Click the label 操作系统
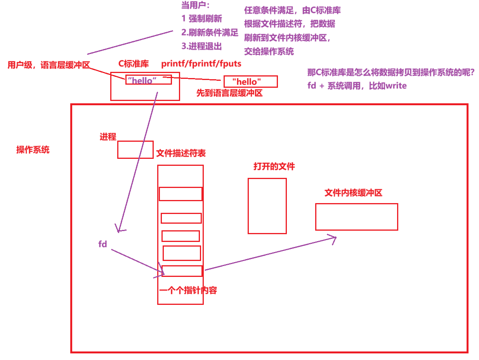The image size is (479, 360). (x=33, y=150)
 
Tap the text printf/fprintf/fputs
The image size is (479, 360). (x=201, y=64)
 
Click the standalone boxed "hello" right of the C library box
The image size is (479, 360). (x=250, y=82)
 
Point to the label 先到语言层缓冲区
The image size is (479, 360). (x=229, y=93)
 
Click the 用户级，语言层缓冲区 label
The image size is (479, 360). (x=49, y=65)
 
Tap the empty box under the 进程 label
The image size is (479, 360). (x=135, y=150)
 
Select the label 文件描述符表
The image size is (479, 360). (x=181, y=153)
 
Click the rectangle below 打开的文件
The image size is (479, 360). (x=267, y=206)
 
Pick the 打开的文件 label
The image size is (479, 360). (x=274, y=167)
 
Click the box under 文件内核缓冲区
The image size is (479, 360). (x=356, y=217)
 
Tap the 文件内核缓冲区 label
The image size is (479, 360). (x=353, y=193)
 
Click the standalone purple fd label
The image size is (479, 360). (x=102, y=244)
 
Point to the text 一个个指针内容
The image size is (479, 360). (x=188, y=290)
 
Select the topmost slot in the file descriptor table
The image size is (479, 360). (x=180, y=194)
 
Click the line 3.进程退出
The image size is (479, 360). (x=201, y=46)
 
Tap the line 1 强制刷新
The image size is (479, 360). (x=201, y=18)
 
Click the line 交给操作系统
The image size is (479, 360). (x=269, y=51)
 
